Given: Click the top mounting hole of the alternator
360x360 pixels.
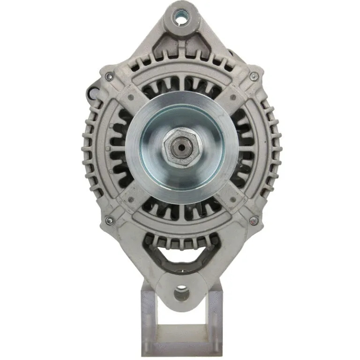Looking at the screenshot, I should (x=180, y=18).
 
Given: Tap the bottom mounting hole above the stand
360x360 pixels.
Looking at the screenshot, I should (x=181, y=294).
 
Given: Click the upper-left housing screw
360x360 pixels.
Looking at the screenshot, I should (x=110, y=76).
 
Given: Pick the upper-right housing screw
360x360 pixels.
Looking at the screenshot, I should (x=253, y=76).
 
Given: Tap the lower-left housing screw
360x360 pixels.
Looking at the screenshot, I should (x=110, y=220).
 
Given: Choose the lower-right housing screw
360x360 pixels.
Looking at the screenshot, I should (x=253, y=220).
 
